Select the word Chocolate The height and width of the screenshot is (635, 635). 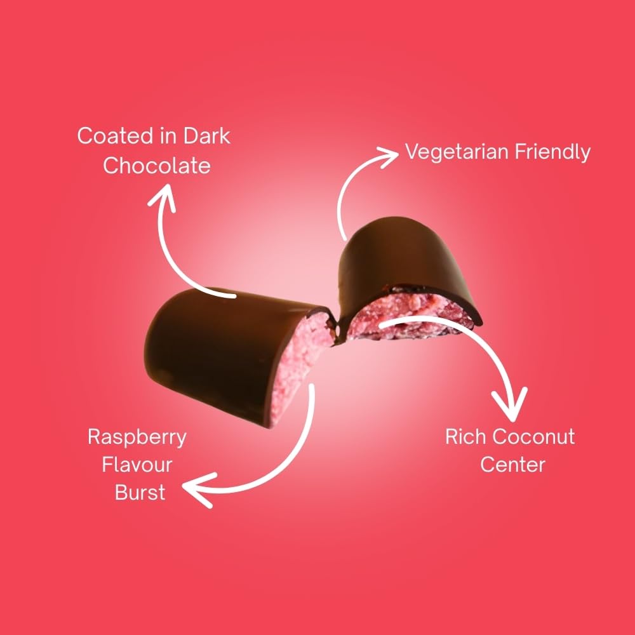[156, 166]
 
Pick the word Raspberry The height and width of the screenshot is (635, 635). [137, 438]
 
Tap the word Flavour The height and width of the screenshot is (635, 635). [137, 465]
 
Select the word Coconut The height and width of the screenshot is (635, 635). [533, 437]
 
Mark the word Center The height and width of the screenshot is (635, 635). [512, 464]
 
